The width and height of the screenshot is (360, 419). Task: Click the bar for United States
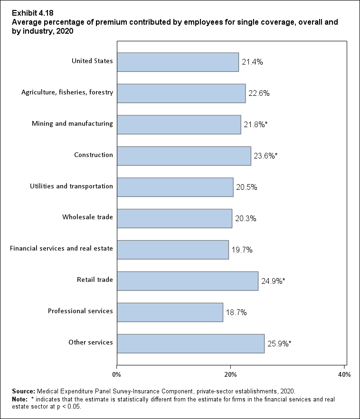coord(178,62)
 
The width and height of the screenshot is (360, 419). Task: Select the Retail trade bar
coord(188,281)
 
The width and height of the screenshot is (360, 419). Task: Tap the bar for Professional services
coord(170,312)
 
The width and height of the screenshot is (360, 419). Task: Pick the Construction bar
coord(184,156)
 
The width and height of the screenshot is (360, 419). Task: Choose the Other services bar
coord(190,344)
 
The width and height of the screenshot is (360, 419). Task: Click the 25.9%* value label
coord(279,344)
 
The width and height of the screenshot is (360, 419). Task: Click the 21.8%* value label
coord(255,124)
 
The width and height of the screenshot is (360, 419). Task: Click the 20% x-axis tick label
coord(231,374)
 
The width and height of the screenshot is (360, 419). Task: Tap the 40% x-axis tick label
coord(344,374)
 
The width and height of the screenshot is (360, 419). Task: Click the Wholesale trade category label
coord(87,217)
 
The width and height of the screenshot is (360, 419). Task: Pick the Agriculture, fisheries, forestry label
coord(67,92)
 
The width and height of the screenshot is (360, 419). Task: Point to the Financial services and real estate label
coord(61,249)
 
